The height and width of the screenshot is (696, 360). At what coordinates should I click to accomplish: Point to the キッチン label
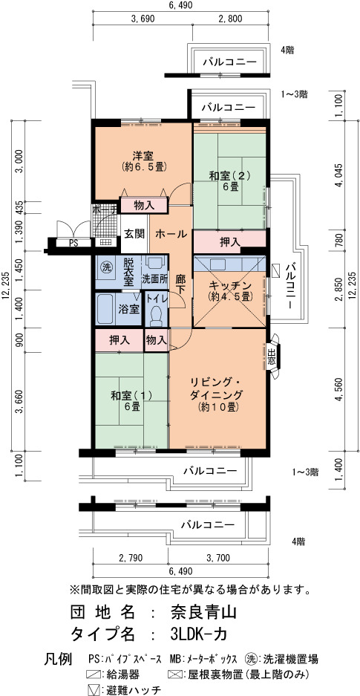click(x=229, y=285)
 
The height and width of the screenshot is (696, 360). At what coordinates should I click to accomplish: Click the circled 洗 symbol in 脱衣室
click(x=106, y=267)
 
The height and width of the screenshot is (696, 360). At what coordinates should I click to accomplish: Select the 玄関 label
click(x=134, y=235)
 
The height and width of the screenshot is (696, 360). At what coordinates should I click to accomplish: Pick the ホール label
click(x=171, y=235)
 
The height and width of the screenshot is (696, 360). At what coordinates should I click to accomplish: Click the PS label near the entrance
click(x=73, y=243)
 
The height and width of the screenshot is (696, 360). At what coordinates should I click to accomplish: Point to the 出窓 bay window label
click(x=272, y=357)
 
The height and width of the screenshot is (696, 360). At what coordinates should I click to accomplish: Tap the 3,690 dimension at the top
click(x=143, y=19)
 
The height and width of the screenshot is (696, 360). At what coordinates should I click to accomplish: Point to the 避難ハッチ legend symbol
click(x=93, y=690)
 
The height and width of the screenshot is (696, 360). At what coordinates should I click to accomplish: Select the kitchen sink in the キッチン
click(x=219, y=264)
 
